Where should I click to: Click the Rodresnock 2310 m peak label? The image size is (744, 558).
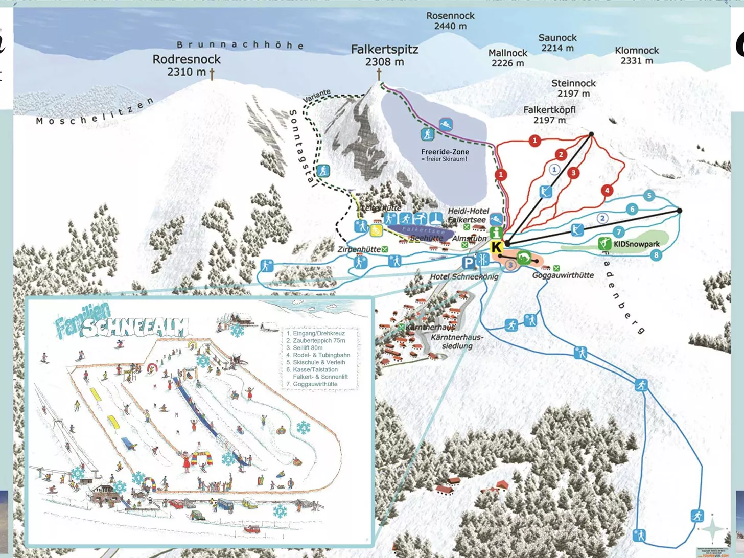tap(187, 65)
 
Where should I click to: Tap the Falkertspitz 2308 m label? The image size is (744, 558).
tap(384, 55)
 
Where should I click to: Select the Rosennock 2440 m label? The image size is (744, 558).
tap(450, 20)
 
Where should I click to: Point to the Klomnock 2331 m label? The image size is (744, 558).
tap(637, 55)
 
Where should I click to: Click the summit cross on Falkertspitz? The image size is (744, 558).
tap(379, 74)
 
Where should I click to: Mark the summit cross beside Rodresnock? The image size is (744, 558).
tap(212, 74)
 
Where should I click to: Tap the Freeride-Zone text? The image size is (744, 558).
tap(445, 152)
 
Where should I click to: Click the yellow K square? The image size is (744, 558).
tap(496, 248)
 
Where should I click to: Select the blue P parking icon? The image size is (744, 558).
tap(468, 263)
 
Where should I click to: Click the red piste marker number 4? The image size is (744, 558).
tap(607, 191)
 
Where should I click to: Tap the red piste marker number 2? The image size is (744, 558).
tap(561, 155)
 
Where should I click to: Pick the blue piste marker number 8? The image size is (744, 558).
tap(656, 255)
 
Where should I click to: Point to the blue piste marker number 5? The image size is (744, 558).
tap(649, 196)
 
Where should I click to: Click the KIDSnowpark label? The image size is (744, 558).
tap(636, 244)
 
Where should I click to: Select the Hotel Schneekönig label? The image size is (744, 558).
tap(464, 276)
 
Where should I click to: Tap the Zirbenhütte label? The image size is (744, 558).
tap(359, 249)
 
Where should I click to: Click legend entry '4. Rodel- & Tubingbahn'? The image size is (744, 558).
tap(318, 355)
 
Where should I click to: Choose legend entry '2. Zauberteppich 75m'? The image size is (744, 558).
tap(315, 340)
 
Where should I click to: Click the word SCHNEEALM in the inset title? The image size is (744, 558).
tap(135, 327)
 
